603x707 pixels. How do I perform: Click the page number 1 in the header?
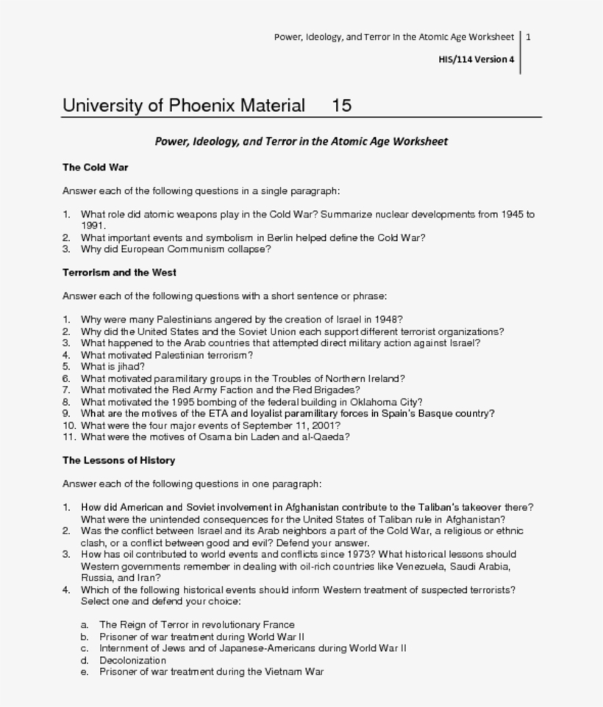[529, 37]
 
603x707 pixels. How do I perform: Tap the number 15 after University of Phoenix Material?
[341, 105]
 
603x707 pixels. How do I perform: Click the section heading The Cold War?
[96, 168]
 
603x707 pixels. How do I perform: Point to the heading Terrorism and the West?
[119, 273]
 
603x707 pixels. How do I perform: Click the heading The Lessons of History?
[118, 461]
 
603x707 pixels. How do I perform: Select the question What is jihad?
[113, 366]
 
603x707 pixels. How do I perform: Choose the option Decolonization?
[133, 660]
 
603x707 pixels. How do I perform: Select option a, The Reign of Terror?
[197, 625]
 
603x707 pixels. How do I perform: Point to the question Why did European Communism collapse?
[176, 249]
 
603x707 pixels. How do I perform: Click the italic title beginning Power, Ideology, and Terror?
[301, 141]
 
